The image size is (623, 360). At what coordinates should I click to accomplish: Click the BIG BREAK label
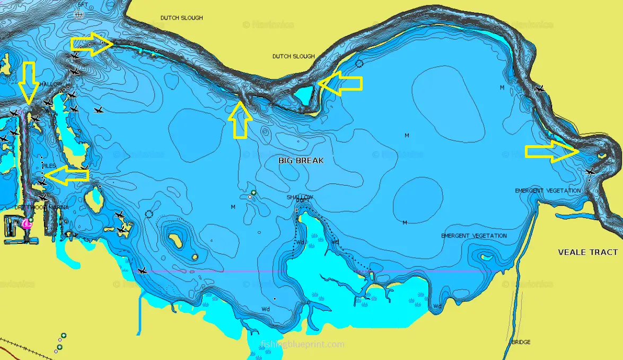click(301, 160)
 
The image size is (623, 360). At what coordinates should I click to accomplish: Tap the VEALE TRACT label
click(587, 252)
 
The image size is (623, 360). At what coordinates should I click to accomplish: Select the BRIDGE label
click(521, 342)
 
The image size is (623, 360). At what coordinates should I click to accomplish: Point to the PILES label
click(49, 166)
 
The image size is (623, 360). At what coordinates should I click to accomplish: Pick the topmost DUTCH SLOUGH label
click(181, 18)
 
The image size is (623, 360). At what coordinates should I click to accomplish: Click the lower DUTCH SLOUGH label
click(293, 56)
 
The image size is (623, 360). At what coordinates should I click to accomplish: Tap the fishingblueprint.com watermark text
click(303, 345)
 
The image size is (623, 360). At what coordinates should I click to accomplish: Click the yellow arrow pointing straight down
click(29, 82)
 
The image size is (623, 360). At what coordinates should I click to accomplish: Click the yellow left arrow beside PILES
click(66, 175)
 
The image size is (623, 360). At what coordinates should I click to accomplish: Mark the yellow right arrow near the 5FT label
click(91, 45)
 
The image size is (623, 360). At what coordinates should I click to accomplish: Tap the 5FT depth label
click(83, 5)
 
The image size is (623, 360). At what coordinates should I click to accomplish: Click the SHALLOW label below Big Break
click(300, 197)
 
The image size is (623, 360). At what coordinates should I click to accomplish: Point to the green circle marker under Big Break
click(254, 192)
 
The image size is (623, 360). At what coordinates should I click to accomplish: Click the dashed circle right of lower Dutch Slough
click(359, 64)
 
